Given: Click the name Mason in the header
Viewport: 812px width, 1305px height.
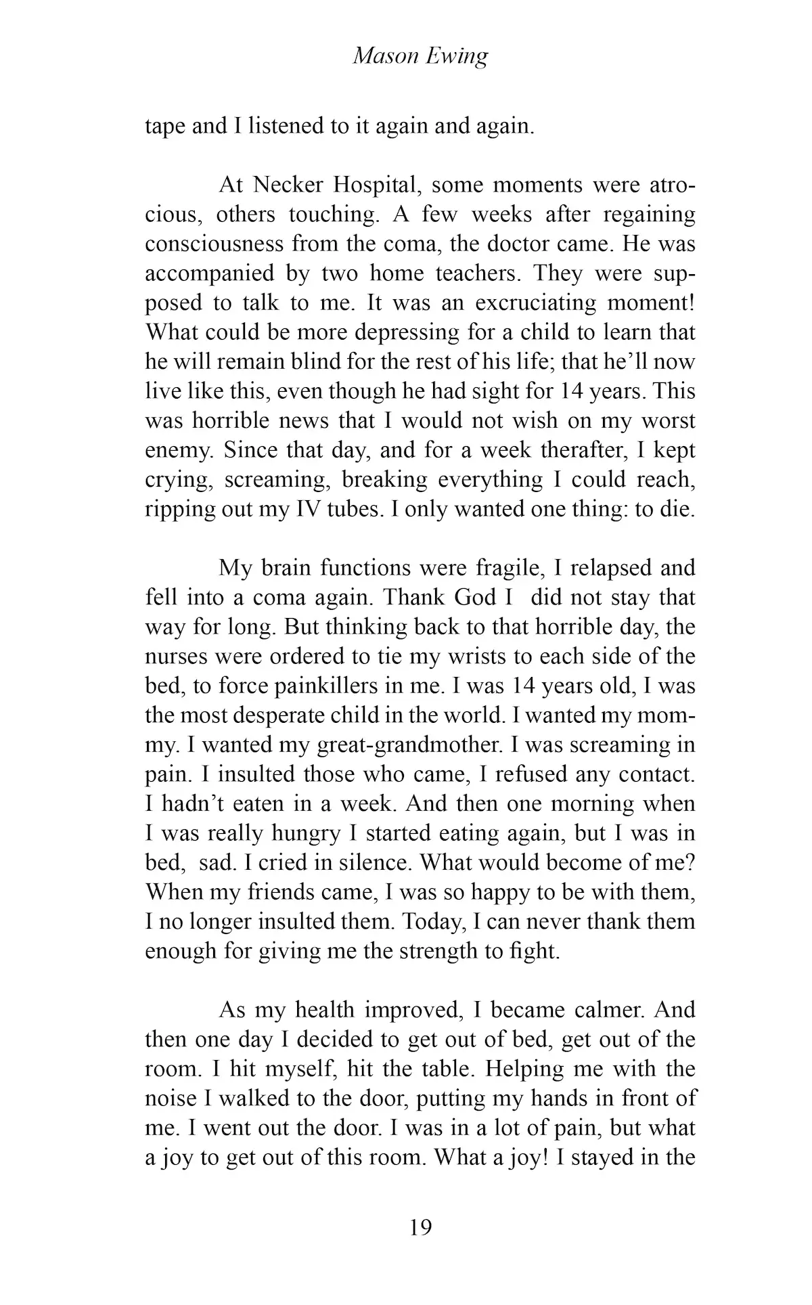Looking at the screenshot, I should coord(386,57).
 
